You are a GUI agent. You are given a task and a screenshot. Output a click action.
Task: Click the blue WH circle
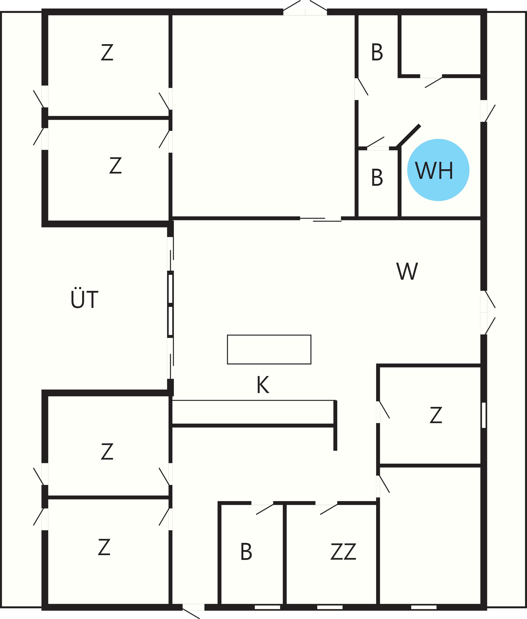(438, 170)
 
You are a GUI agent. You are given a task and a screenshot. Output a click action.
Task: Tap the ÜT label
(85, 298)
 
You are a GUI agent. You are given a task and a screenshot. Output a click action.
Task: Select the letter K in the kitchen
(263, 385)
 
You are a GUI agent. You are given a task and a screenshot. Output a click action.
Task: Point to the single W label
(407, 271)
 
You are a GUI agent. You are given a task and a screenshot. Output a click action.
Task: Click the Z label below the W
(436, 415)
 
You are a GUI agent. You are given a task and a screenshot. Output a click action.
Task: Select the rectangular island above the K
(269, 349)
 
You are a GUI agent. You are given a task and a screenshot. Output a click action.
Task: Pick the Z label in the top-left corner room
(107, 52)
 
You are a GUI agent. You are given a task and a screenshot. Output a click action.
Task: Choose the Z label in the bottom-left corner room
(104, 547)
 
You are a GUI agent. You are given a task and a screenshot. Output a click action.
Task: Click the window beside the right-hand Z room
(484, 415)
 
